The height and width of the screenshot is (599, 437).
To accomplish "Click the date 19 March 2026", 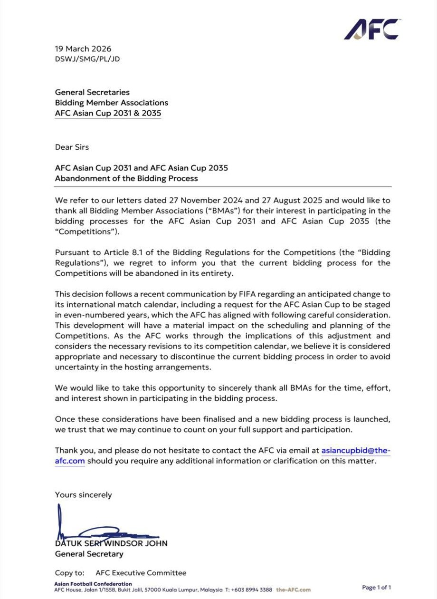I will click(x=83, y=49).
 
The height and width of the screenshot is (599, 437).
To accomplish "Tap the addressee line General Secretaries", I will click(x=92, y=92).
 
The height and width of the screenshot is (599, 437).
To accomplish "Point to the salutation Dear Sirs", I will click(x=72, y=147).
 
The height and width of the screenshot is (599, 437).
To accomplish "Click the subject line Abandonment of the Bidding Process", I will click(x=126, y=179).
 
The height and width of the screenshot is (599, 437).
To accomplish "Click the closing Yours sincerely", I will click(x=84, y=494).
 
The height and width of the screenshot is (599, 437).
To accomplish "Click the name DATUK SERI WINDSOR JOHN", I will click(x=111, y=543).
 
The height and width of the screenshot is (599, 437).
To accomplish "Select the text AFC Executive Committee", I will click(x=141, y=573).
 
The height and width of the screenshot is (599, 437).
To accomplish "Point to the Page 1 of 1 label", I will click(x=377, y=588).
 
